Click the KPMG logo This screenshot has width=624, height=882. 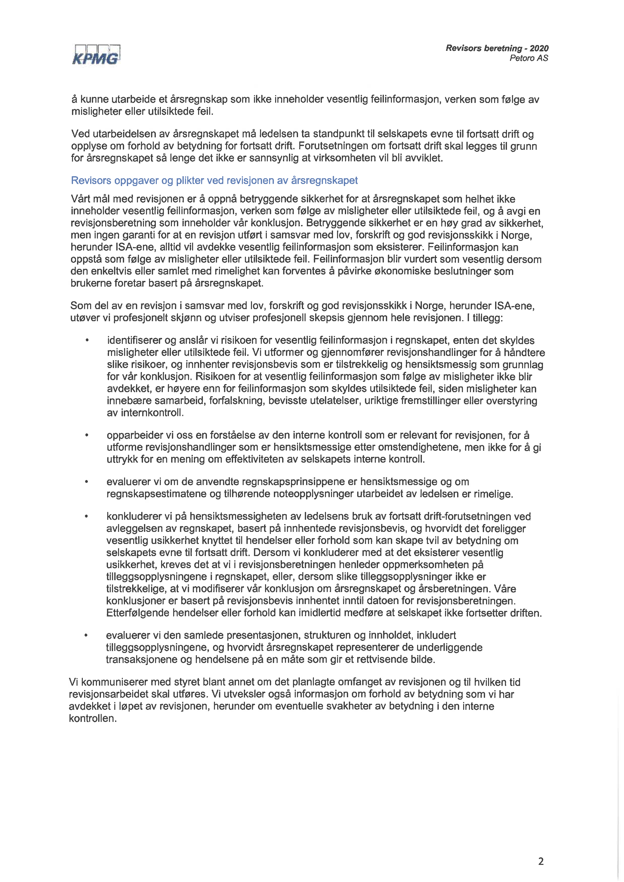click(x=96, y=55)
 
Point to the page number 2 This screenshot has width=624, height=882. click(x=541, y=862)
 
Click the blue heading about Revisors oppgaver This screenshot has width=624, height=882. click(x=214, y=180)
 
